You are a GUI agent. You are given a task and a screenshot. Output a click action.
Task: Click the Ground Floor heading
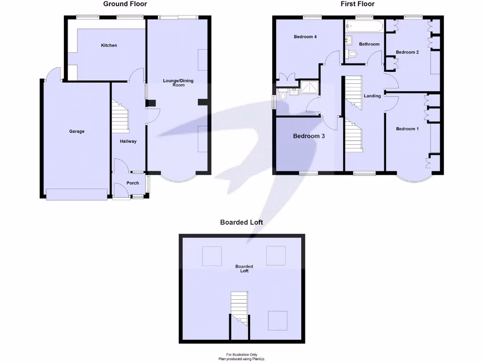coord(125,4)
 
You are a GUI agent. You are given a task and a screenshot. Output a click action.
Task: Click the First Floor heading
coord(357,4)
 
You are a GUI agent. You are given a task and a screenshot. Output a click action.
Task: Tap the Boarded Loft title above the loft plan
coord(242,222)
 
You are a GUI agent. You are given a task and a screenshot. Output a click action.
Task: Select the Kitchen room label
coord(109,45)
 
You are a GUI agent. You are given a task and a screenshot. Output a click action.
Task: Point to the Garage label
coord(77,131)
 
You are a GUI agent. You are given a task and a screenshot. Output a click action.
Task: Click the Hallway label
coord(128,141)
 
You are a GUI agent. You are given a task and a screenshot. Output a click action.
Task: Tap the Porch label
coord(133,183)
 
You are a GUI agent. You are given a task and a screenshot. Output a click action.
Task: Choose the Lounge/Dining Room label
coord(178,83)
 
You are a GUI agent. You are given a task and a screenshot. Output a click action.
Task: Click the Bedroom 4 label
coord(305,37)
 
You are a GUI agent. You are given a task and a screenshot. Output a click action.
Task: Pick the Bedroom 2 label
coord(407,52)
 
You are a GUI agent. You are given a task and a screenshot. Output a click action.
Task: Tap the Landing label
coord(372,96)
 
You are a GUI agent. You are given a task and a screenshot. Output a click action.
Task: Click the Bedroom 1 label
coord(407,129)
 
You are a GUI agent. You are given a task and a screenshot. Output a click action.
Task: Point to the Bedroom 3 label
coord(309,136)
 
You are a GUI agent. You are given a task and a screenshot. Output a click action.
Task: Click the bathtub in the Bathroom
coord(364,26)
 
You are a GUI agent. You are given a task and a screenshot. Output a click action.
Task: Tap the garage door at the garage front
coord(76,194)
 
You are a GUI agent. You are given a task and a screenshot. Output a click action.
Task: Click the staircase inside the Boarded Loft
coord(239,307)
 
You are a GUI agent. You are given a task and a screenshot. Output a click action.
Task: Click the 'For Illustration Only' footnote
coord(242,354)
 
